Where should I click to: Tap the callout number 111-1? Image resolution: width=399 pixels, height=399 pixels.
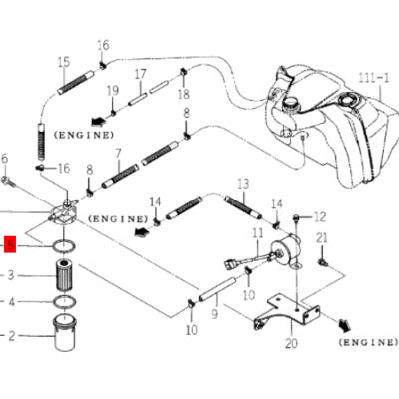pos(373,77)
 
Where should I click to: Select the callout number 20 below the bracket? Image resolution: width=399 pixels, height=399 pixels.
pos(291,343)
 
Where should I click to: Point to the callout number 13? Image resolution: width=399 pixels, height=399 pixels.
pos(243,184)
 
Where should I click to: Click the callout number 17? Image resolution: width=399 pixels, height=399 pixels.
pos(140,74)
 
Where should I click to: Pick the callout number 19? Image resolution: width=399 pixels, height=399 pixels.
pos(113,90)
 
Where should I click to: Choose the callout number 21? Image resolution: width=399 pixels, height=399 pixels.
pos(322,238)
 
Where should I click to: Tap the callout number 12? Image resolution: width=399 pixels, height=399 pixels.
pos(320,217)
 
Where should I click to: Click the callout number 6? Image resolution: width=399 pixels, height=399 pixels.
pos(4,159)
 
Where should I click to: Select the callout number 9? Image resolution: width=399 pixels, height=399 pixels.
pos(215,314)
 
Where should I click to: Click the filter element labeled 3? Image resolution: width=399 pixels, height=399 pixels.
pos(63,275)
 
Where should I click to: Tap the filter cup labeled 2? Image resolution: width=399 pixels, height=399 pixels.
pos(64,332)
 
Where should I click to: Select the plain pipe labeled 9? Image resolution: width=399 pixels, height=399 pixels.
pos(217,290)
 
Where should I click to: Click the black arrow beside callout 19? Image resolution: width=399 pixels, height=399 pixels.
pos(98,122)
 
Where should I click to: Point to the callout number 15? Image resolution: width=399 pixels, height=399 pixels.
pos(64,62)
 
